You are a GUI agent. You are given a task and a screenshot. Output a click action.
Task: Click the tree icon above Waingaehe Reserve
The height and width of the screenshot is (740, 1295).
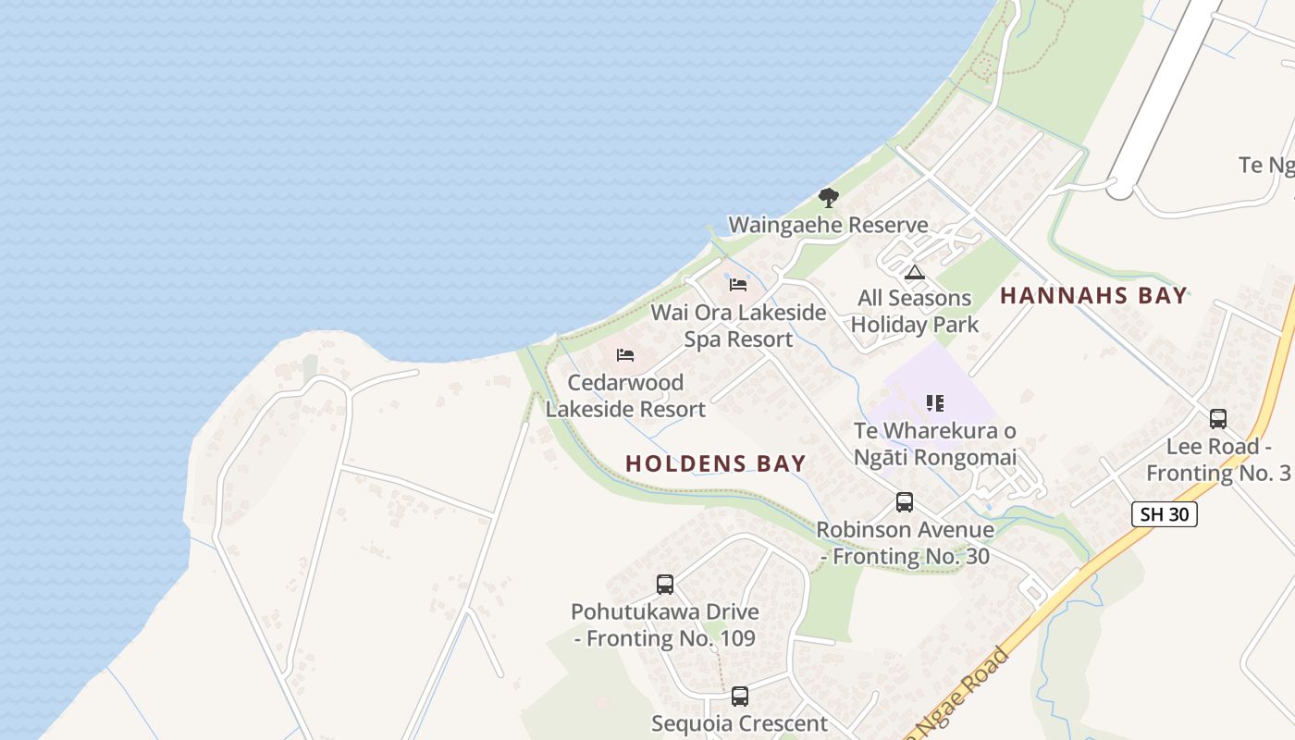pyautogui.click(x=829, y=197)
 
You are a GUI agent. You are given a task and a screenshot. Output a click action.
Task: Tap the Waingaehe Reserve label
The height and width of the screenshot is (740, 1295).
pyautogui.click(x=828, y=225)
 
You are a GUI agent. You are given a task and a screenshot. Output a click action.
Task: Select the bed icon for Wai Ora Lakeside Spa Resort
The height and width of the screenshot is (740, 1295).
pyautogui.click(x=738, y=285)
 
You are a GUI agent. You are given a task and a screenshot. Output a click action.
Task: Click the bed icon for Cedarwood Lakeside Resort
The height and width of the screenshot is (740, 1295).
pyautogui.click(x=625, y=355)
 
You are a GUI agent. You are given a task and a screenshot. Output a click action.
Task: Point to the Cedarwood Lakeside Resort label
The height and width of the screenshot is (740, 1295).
pyautogui.click(x=625, y=395)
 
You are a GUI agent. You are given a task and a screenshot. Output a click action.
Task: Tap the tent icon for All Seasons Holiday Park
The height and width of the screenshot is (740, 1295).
pyautogui.click(x=915, y=272)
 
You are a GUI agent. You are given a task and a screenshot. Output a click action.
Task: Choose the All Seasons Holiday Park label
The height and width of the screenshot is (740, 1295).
pyautogui.click(x=915, y=311)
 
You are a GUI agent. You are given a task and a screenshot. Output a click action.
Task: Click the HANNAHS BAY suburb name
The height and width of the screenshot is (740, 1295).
pyautogui.click(x=1093, y=296)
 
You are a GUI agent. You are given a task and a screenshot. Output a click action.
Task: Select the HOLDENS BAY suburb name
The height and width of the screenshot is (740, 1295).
pyautogui.click(x=716, y=463)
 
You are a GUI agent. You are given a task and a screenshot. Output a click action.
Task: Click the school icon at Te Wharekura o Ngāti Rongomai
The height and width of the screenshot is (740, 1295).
pyautogui.click(x=935, y=403)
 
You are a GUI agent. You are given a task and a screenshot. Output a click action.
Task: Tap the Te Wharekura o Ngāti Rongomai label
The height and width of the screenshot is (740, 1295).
pyautogui.click(x=934, y=444)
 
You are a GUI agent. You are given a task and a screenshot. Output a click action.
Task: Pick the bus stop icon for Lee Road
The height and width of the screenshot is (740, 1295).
pyautogui.click(x=1218, y=419)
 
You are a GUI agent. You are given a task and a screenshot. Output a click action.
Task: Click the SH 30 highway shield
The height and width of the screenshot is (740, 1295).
pyautogui.click(x=1164, y=514)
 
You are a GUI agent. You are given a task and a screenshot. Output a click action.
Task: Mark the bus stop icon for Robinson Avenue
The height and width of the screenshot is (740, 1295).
pyautogui.click(x=905, y=502)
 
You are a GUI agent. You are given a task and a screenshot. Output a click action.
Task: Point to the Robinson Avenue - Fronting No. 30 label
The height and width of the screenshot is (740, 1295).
pyautogui.click(x=905, y=543)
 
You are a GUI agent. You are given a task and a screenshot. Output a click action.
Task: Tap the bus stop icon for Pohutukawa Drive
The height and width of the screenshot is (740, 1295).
pyautogui.click(x=665, y=585)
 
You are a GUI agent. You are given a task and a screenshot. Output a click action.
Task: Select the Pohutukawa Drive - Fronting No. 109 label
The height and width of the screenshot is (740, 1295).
pyautogui.click(x=665, y=624)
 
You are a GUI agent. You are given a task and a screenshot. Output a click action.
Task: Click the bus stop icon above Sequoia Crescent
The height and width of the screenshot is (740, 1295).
pyautogui.click(x=740, y=697)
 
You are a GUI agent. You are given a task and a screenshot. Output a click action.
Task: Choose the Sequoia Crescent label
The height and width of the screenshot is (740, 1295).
pyautogui.click(x=740, y=723)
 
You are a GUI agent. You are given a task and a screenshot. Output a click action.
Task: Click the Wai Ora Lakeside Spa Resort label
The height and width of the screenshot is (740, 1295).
pyautogui.click(x=738, y=326)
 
